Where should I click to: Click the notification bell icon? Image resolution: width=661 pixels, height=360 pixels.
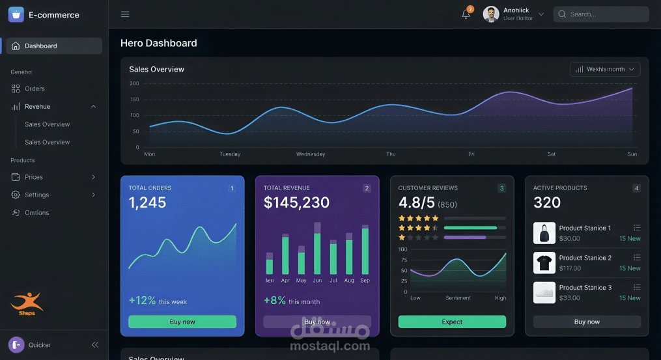(466, 14)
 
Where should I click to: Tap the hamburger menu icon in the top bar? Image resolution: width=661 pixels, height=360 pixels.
(125, 14)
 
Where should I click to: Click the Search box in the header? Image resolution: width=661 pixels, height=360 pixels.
(600, 14)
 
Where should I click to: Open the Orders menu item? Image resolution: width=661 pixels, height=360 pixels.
(35, 89)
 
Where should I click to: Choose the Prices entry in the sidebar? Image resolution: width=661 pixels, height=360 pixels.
(34, 177)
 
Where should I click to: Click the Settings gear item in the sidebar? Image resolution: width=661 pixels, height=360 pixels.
(36, 195)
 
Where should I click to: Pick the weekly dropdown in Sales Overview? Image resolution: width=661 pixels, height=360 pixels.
(605, 69)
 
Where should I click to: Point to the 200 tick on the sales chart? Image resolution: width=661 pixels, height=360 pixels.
(135, 83)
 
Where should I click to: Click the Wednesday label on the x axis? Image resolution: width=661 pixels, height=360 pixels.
(311, 154)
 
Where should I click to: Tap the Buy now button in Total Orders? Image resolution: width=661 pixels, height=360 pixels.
(182, 322)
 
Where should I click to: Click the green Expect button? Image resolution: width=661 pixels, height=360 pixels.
(452, 322)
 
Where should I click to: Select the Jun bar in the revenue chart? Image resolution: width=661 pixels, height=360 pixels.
(317, 253)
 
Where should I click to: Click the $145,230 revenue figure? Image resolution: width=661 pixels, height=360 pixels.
(296, 202)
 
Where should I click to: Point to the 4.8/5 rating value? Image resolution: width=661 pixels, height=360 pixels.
(417, 202)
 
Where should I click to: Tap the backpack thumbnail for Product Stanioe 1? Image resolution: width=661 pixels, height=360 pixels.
(544, 233)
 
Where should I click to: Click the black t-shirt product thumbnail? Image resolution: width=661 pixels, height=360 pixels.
(544, 263)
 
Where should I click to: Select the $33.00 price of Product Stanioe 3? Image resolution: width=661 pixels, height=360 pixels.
(569, 298)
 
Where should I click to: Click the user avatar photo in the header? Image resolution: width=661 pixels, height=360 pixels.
(492, 14)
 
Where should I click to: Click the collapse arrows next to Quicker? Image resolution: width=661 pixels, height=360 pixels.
(95, 345)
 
